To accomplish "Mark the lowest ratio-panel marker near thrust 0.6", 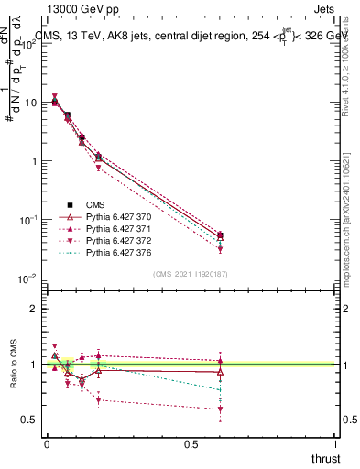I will [x=221, y=409].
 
